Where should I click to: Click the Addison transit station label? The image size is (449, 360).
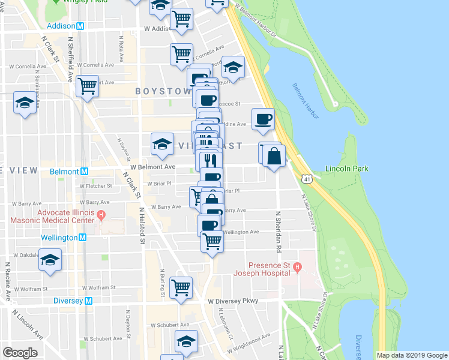point(61,26)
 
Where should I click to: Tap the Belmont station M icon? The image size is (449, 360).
point(85,172)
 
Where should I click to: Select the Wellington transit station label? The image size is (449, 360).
point(59,238)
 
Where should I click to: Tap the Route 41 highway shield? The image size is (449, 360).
point(307,179)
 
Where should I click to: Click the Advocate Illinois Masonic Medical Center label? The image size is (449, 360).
point(65,217)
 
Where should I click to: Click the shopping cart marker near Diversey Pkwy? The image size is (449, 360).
point(180,288)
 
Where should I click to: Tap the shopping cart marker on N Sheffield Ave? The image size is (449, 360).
point(88,86)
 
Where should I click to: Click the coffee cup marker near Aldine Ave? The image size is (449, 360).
point(262,119)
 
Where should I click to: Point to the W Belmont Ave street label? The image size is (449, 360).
point(154,167)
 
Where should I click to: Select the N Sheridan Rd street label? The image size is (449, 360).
point(278,230)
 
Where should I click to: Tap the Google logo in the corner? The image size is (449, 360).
point(20,353)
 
